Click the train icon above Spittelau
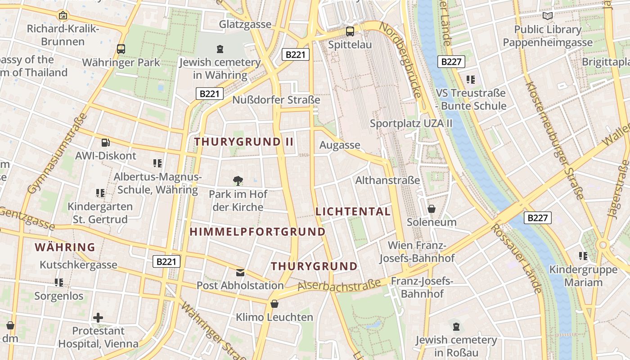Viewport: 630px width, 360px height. [350, 31]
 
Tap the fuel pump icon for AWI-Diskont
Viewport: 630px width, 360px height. [105, 143]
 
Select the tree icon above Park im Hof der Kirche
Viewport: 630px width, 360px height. [238, 181]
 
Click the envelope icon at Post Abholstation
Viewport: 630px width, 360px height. [240, 272]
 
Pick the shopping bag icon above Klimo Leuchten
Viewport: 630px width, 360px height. [274, 304]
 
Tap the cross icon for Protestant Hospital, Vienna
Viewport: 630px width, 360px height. [98, 318]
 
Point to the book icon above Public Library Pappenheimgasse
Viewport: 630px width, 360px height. [547, 16]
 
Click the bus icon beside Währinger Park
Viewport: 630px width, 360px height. [121, 49]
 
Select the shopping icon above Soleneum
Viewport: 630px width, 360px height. [431, 209]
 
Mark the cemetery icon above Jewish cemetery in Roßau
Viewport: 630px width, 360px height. [456, 326]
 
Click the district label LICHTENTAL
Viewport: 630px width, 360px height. [353, 211]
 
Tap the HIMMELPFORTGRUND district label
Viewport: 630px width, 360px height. [257, 232]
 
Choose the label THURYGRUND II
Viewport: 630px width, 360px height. [244, 142]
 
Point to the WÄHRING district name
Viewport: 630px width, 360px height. [65, 247]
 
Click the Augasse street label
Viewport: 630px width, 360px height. [340, 145]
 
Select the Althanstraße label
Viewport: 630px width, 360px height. [387, 180]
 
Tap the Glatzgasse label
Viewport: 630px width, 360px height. [245, 24]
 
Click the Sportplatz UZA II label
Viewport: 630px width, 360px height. [411, 123]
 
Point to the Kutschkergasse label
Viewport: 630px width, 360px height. [78, 265]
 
